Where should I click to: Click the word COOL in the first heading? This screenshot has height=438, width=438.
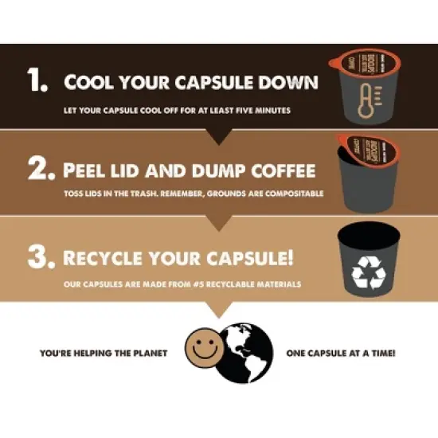90,83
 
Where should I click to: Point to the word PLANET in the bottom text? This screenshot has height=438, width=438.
148,352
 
